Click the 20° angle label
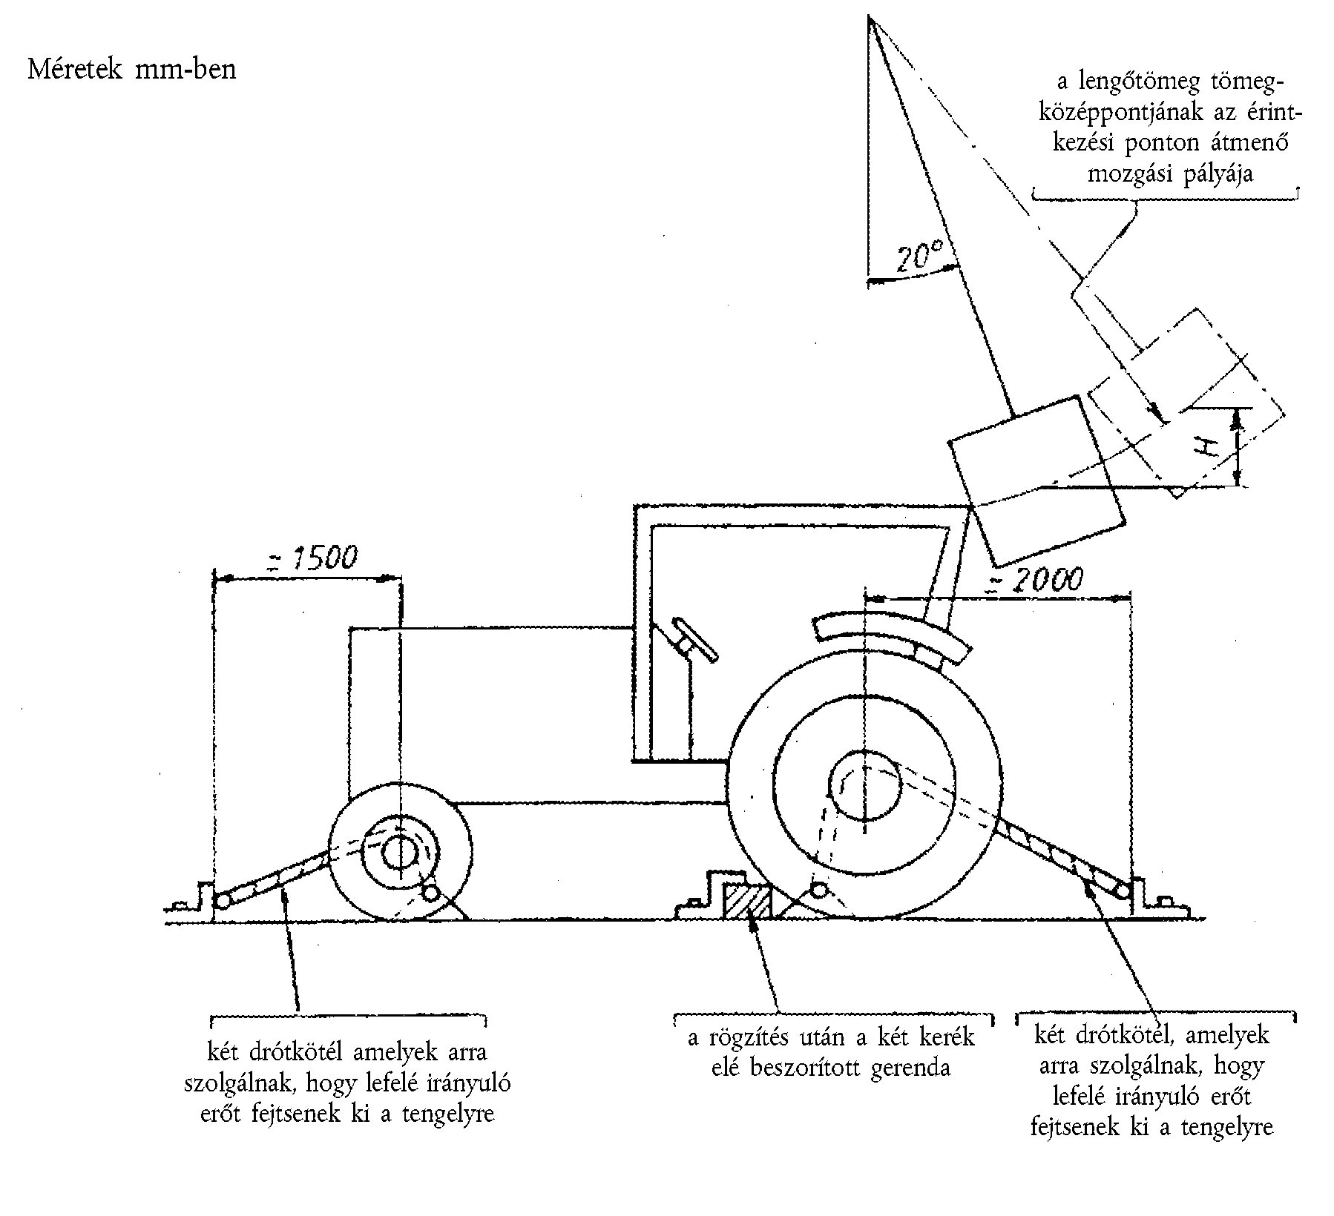(x=919, y=257)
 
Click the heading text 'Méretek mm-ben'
(x=131, y=69)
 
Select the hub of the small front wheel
(x=401, y=853)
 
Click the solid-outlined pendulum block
(x=1036, y=480)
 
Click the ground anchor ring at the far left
(x=222, y=900)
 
